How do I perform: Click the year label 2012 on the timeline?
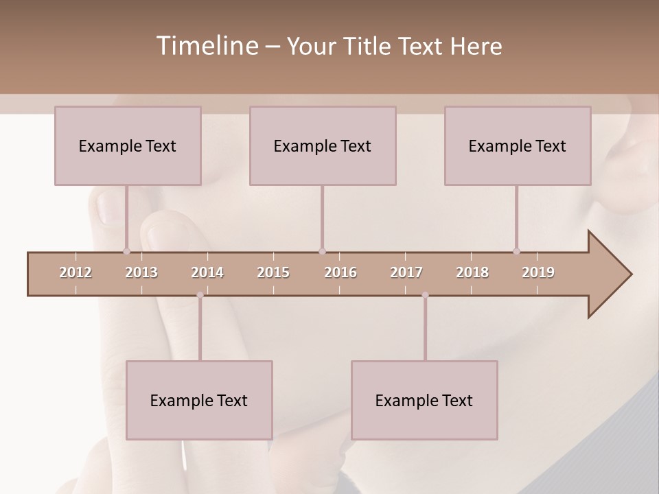(76, 272)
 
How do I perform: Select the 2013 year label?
(141, 272)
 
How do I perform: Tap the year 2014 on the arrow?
(207, 272)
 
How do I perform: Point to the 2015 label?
(273, 272)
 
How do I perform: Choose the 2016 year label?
(340, 272)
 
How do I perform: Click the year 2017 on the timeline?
(406, 272)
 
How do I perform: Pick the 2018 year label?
(472, 272)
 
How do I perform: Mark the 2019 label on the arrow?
(538, 272)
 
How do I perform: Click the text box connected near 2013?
(128, 145)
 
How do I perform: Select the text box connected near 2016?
(323, 145)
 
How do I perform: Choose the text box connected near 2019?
(518, 145)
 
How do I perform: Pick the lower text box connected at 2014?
(199, 400)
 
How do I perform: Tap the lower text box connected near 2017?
(424, 400)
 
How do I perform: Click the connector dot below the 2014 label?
(200, 295)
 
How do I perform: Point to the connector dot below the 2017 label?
(425, 295)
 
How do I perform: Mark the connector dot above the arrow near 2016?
(322, 251)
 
